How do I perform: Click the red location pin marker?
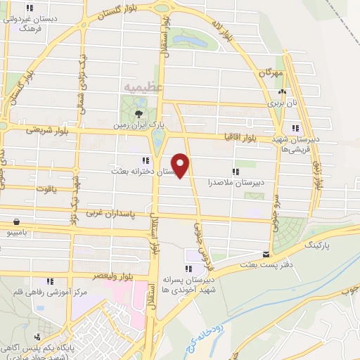pyautogui.click(x=182, y=165)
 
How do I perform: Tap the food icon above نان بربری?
pyautogui.click(x=282, y=91)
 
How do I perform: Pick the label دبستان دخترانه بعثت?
pyautogui.click(x=144, y=171)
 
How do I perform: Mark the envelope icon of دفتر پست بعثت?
pyautogui.click(x=266, y=254)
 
